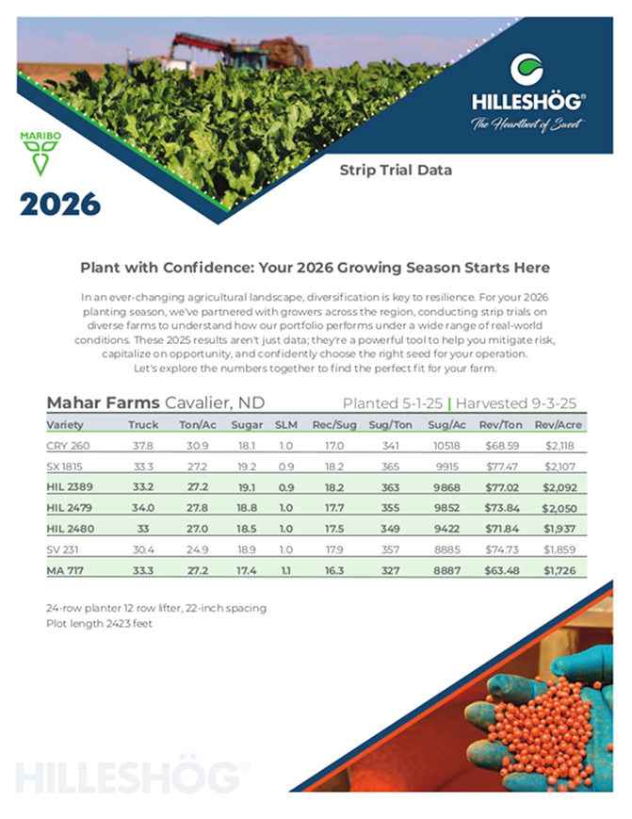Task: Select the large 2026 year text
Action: [x=59, y=203]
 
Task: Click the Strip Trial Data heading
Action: [x=396, y=171]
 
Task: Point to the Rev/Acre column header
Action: [x=556, y=424]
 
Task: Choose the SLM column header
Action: [x=285, y=424]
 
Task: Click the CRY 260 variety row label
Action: [x=69, y=445]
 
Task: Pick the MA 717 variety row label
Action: [x=67, y=569]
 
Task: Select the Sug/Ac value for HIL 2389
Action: [x=442, y=486]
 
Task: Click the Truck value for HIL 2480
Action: [x=142, y=528]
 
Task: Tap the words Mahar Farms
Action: [x=103, y=402]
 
